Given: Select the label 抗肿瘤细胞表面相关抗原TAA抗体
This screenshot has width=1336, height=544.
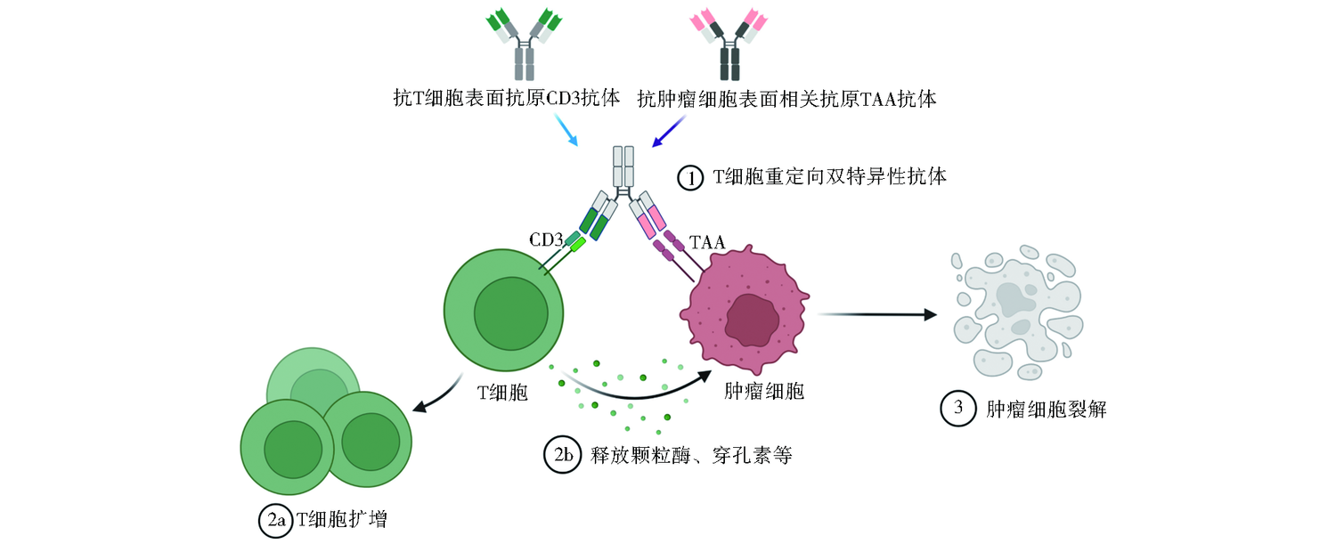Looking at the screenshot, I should tap(786, 99).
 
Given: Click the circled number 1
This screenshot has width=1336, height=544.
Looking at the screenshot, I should tap(690, 178).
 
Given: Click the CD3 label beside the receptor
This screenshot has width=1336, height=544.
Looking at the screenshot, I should tap(546, 240).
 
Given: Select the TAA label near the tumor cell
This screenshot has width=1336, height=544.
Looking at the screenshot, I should tap(708, 240).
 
